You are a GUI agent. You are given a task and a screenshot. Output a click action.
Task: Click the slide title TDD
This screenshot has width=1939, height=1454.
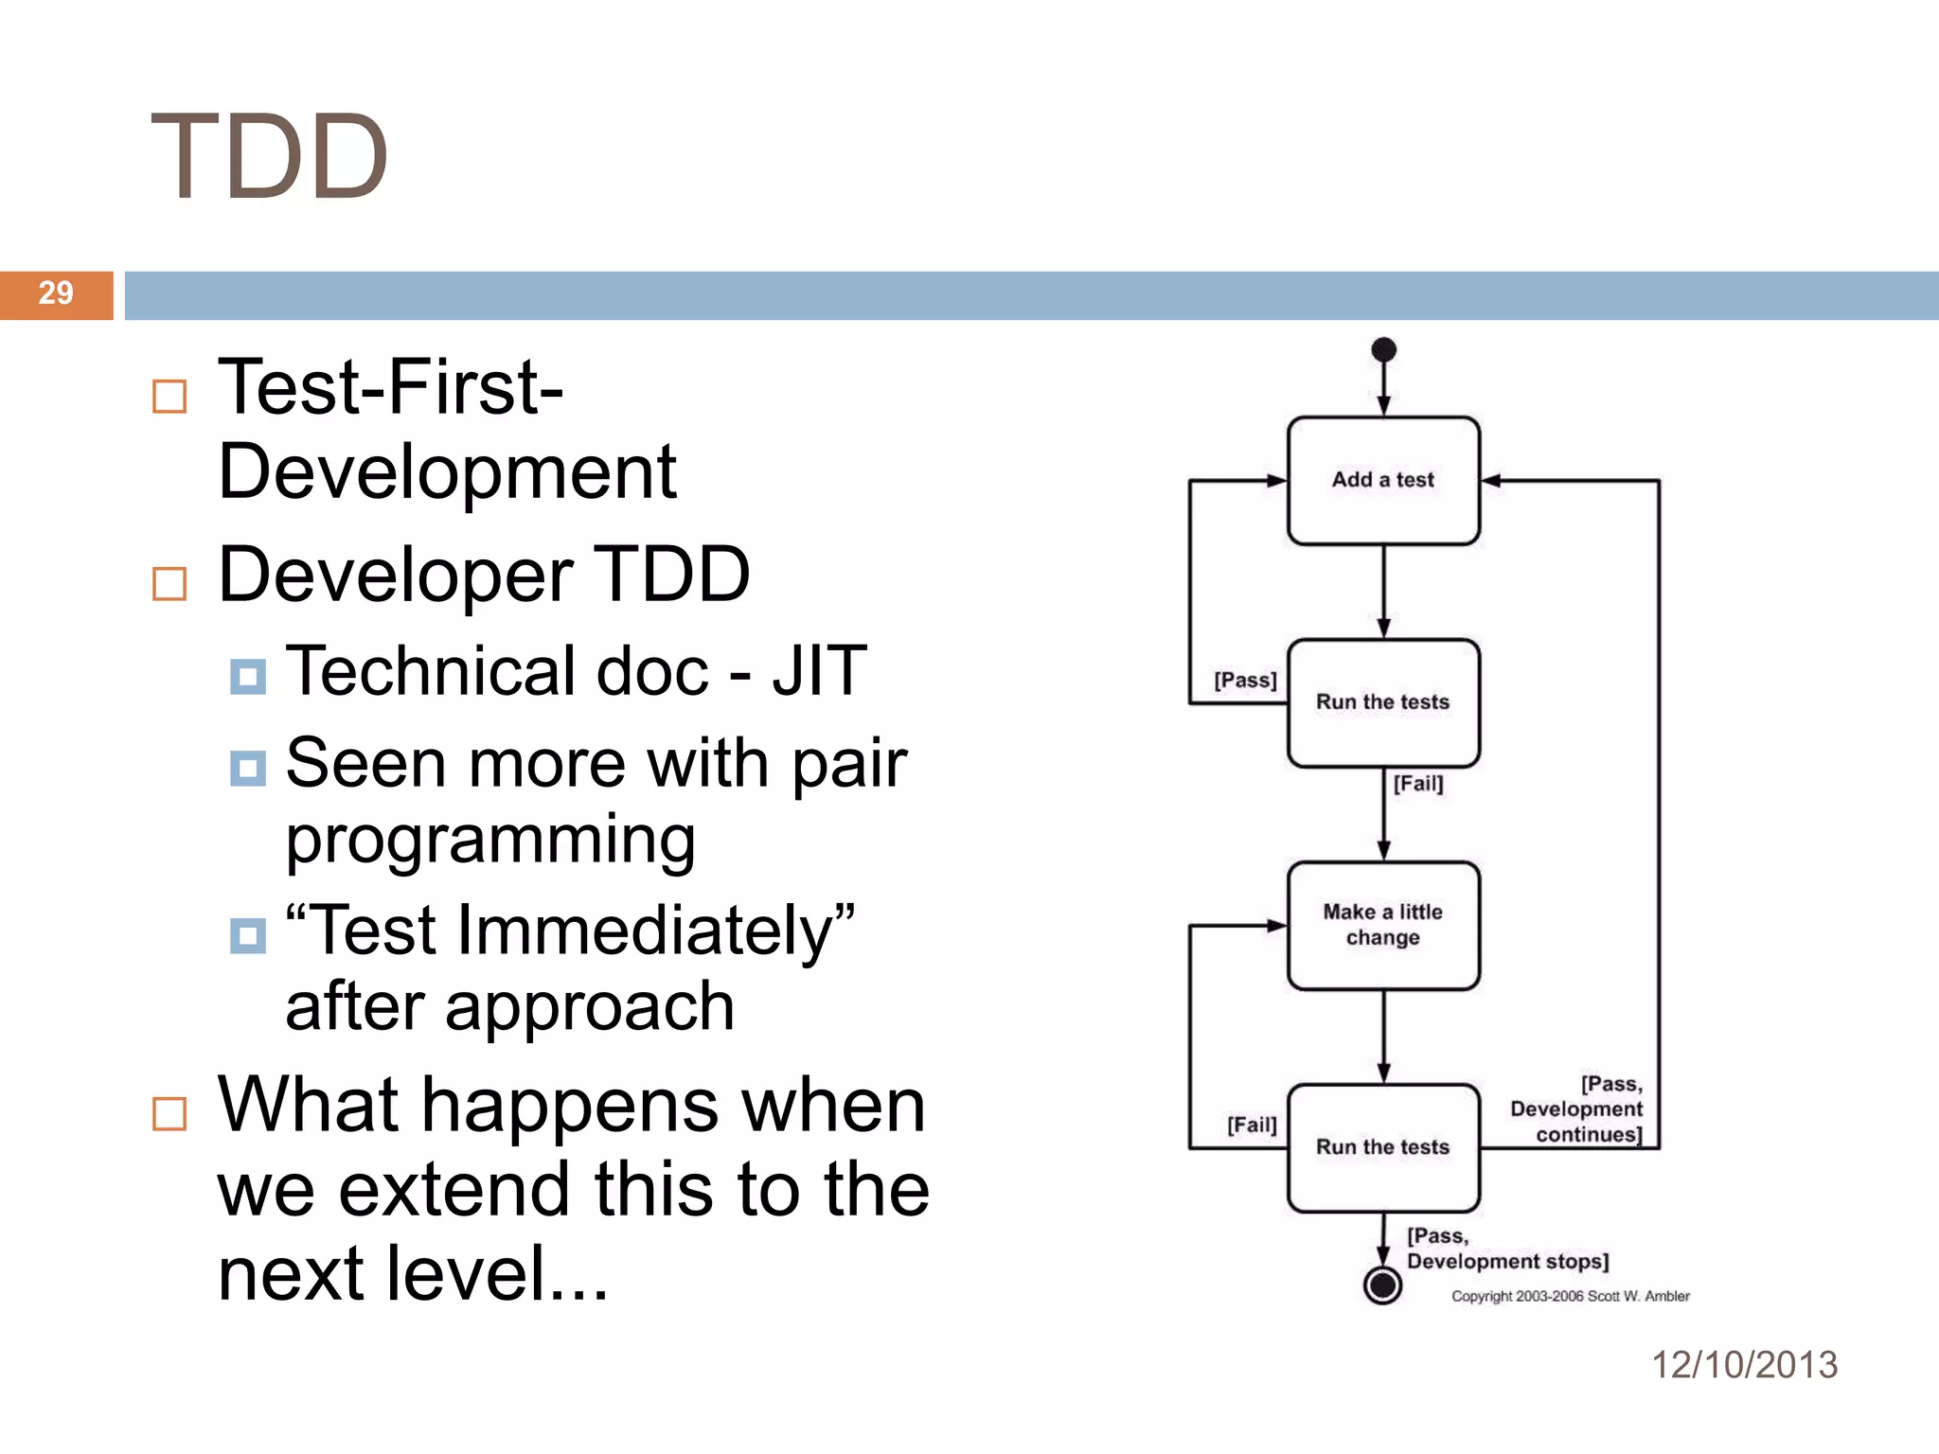[270, 157]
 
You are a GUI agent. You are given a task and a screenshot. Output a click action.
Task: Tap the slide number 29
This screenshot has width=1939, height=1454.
[56, 293]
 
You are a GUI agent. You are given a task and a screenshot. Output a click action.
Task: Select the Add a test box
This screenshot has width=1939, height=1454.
[1382, 480]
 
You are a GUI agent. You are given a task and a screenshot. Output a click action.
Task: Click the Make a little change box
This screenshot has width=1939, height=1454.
[1382, 925]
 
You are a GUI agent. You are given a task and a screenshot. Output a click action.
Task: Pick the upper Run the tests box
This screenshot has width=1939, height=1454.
[1382, 702]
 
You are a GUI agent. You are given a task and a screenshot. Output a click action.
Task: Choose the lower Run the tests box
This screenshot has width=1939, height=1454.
[1382, 1147]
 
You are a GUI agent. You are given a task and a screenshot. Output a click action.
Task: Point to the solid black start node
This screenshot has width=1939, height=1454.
[1383, 349]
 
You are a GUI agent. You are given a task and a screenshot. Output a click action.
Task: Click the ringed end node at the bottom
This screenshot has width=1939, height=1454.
[1382, 1285]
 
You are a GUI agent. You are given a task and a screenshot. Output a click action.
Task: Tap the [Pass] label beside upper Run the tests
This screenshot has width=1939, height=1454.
[1245, 680]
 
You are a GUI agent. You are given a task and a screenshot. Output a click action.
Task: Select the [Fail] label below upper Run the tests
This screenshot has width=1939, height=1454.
[1417, 783]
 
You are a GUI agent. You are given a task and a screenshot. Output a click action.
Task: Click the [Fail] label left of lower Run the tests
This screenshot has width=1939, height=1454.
[1252, 1125]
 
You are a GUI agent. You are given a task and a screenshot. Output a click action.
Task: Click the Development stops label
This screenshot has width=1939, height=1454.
[1507, 1261]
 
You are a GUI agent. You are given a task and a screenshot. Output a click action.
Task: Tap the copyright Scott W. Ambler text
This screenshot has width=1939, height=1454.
[1570, 1296]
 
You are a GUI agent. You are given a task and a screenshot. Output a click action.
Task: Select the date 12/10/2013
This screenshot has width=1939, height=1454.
[1744, 1364]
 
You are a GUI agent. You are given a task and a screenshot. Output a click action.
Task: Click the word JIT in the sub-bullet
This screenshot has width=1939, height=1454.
[819, 670]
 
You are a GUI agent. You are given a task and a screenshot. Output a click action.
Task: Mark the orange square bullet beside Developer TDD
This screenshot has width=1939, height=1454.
[169, 584]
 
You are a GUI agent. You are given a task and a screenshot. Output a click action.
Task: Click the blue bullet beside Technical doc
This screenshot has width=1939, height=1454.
[248, 677]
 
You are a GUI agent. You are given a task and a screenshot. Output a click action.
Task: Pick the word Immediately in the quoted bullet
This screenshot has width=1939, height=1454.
[645, 931]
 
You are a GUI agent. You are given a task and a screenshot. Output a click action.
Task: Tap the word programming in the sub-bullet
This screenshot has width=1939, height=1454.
[490, 840]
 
